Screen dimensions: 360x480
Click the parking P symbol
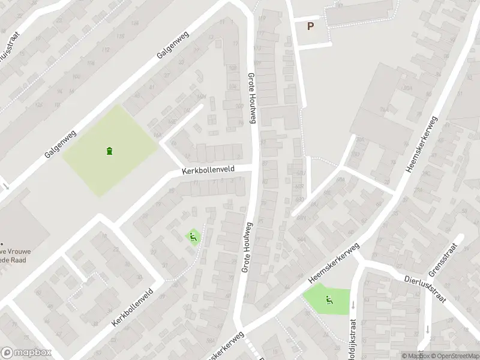pos(310,26)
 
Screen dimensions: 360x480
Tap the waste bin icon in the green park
pos(109,151)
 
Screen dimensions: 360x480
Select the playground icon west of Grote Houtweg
pos(193,238)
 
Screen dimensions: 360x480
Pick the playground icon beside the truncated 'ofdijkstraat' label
pos(328,300)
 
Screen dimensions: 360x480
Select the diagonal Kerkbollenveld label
pos(132,307)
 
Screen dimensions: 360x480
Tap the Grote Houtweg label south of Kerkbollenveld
pos(247,247)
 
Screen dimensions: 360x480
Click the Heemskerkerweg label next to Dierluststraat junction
pos(333,263)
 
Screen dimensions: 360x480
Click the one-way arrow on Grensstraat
pos(426,329)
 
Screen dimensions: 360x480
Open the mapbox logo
pos(26,353)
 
